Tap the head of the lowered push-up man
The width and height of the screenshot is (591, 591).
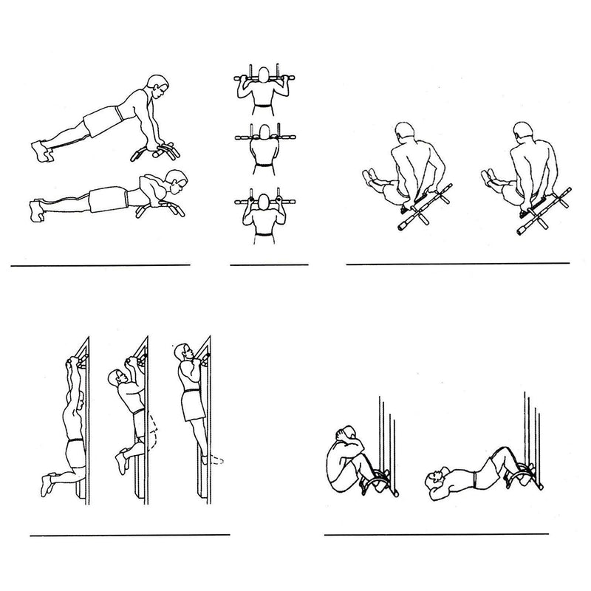tap(176, 180)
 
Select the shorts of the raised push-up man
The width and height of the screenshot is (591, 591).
tap(101, 120)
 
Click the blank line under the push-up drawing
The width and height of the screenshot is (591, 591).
tap(100, 264)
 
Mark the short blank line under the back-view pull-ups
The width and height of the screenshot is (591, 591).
tap(268, 264)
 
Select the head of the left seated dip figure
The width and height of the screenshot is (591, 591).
tap(403, 134)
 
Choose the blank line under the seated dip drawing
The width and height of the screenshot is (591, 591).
tap(458, 263)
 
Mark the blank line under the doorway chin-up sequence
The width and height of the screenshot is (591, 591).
tap(130, 533)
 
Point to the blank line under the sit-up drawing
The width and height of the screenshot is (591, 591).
tap(436, 533)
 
